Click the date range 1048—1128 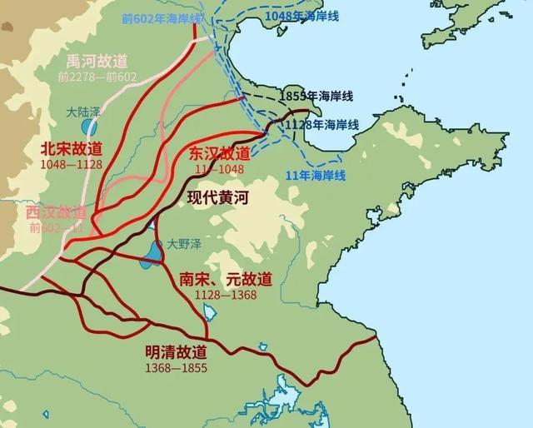[71, 165]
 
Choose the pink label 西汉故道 [55, 212]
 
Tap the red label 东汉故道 [219, 154]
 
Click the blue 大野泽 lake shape [152, 251]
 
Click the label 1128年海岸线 [321, 124]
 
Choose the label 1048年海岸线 [296, 16]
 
